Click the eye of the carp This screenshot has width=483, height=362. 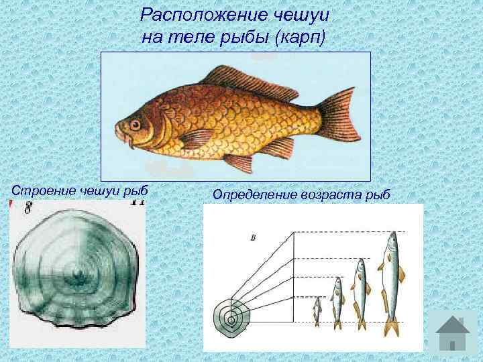136,125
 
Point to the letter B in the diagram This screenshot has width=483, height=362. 252,236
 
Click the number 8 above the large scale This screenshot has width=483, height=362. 28,208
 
